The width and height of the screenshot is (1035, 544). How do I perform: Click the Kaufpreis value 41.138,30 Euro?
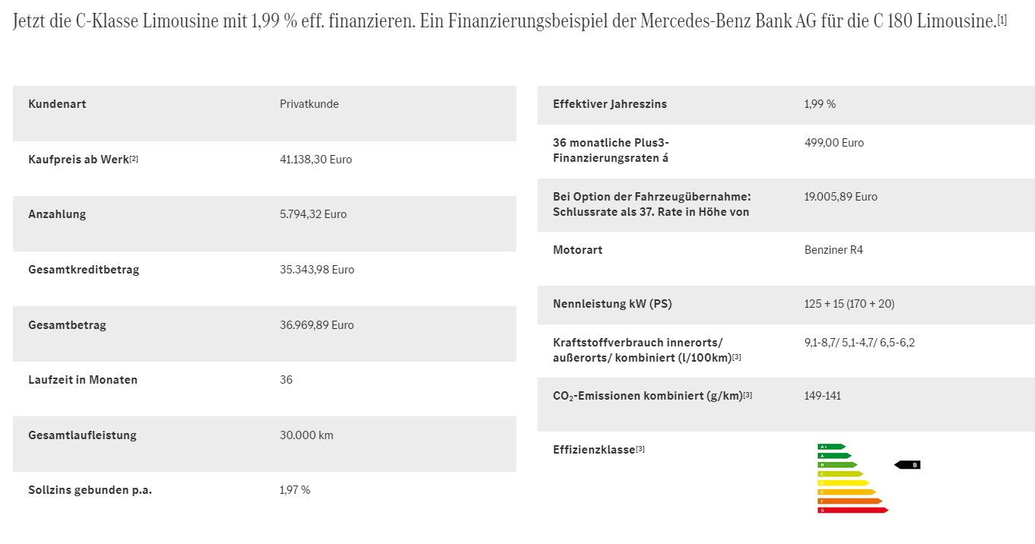pos(316,160)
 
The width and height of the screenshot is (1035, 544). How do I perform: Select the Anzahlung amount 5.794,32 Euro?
pos(313,214)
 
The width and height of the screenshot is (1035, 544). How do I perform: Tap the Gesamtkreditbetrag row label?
pos(84,270)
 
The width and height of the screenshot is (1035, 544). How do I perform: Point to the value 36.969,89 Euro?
pos(316,325)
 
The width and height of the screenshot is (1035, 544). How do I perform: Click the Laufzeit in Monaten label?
pos(83,380)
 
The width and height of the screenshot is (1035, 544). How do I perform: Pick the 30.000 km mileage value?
pos(306,435)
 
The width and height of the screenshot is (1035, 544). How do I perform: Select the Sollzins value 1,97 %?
pos(295,490)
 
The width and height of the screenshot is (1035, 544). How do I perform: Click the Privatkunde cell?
pos(309,104)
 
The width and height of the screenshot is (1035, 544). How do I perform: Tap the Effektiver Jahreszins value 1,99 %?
pos(820,104)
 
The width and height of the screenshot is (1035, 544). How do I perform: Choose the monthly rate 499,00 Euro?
pos(834,143)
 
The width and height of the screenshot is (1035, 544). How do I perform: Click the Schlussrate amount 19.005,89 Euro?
pos(840,197)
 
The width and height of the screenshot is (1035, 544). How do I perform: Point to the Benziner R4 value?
pos(833,250)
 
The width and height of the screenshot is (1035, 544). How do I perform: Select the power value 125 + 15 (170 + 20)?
pos(849,304)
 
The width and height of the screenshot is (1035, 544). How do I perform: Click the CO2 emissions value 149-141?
pos(822,396)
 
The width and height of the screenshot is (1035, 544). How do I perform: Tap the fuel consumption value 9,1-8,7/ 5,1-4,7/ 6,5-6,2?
pos(859,343)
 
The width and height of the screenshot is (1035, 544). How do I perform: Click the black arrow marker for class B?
pos(907,465)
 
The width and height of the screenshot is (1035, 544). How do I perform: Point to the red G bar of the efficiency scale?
pos(852,511)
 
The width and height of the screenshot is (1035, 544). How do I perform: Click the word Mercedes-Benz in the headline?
pos(700,21)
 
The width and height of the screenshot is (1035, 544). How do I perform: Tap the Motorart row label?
pos(577,250)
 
